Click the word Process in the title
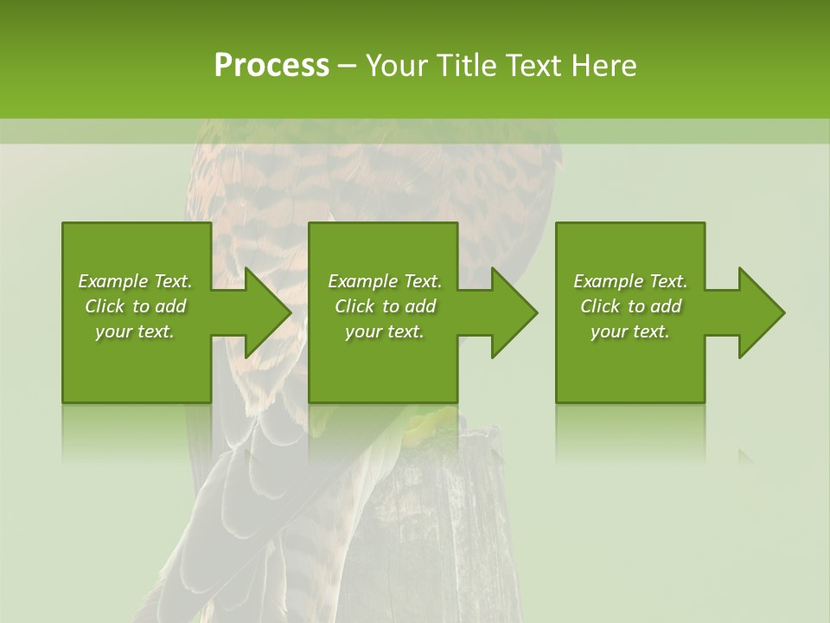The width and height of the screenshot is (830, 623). [x=271, y=66]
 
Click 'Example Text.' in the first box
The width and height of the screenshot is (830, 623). [x=135, y=281]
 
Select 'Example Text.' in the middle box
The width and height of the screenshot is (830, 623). [x=385, y=281]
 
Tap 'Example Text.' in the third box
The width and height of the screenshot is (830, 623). [x=630, y=281]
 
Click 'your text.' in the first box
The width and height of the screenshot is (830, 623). [x=135, y=331]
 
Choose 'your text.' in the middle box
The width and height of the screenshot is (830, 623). [x=385, y=331]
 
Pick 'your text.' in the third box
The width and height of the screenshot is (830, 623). [x=630, y=331]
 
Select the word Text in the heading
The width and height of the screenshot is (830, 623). [x=533, y=66]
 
